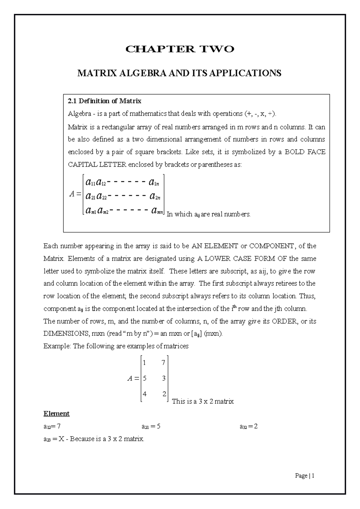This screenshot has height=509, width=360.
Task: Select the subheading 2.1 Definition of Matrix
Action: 105,101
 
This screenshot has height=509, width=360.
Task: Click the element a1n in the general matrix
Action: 154,182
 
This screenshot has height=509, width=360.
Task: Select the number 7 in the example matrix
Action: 163,363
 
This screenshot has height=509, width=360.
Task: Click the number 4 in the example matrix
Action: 145,394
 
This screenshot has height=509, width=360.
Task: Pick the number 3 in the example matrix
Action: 163,378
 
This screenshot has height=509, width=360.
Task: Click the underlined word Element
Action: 56,414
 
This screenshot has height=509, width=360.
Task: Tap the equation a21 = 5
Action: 151,427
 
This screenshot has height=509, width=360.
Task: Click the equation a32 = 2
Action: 248,427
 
